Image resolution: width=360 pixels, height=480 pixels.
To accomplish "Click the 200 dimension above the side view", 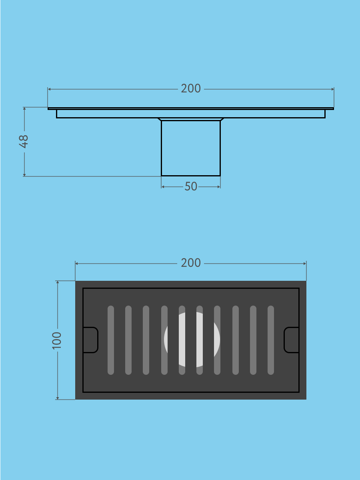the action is (191, 88).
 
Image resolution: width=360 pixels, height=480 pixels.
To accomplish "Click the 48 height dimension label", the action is (24, 142).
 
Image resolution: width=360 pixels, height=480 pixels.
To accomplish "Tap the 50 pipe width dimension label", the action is (191, 186).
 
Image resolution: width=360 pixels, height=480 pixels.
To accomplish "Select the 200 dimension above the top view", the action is (191, 263).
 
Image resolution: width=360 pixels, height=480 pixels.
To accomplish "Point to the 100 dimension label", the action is (57, 341).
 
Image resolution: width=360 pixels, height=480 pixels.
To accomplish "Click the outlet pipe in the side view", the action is (191, 148).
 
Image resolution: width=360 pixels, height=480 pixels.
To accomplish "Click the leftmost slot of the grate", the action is (111, 340).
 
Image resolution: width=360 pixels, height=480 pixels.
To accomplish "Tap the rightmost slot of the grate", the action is (271, 340).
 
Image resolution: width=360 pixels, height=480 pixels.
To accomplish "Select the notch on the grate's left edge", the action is (91, 340).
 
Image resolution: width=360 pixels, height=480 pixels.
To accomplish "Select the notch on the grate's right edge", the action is (291, 340).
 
